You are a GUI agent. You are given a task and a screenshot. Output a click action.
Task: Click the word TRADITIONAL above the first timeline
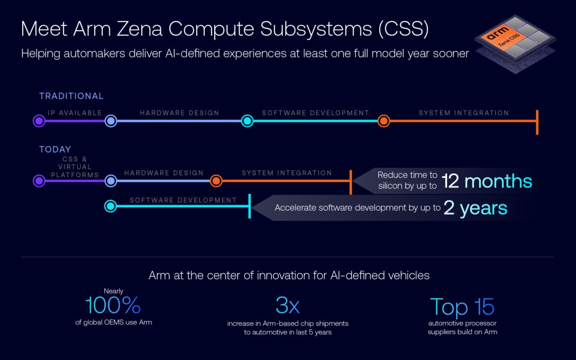pyautogui.click(x=71, y=96)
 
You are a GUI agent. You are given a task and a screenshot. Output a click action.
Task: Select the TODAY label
pyautogui.click(x=55, y=149)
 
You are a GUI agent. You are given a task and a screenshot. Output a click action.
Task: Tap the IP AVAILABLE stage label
pyautogui.click(x=74, y=113)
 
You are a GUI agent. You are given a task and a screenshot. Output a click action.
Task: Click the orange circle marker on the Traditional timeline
pyautogui.click(x=383, y=121)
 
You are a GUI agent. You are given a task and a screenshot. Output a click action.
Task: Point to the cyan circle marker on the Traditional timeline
pyautogui.click(x=247, y=121)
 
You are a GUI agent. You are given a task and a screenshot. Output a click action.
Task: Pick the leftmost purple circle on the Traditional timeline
pyautogui.click(x=39, y=121)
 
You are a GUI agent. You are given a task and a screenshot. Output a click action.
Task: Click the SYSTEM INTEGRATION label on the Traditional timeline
pyautogui.click(x=464, y=113)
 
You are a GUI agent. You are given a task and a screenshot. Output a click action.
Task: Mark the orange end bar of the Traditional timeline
pyautogui.click(x=537, y=122)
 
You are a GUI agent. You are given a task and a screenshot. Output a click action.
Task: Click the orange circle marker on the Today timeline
pyautogui.click(x=216, y=181)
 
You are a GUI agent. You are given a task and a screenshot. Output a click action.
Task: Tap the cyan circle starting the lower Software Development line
pyautogui.click(x=110, y=206)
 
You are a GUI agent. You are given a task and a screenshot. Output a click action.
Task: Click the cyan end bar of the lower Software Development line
pyautogui.click(x=250, y=206)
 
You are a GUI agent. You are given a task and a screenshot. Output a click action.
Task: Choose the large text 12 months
pyautogui.click(x=486, y=181)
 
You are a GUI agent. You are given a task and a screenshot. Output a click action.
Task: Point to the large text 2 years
pyautogui.click(x=475, y=208)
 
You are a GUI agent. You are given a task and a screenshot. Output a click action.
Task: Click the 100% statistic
pyautogui.click(x=113, y=306)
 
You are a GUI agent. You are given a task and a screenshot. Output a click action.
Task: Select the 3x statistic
pyautogui.click(x=288, y=306)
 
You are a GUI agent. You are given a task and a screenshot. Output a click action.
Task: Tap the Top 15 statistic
pyautogui.click(x=462, y=307)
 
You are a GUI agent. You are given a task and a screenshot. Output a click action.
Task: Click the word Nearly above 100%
pyautogui.click(x=113, y=291)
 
